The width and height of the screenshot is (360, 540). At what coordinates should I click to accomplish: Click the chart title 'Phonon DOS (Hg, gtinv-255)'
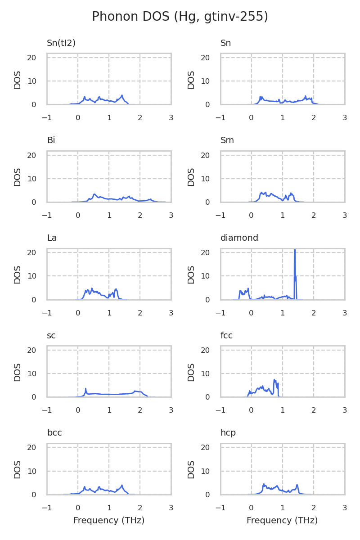pyautogui.click(x=180, y=17)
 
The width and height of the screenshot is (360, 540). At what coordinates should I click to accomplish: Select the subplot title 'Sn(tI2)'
pyautogui.click(x=61, y=43)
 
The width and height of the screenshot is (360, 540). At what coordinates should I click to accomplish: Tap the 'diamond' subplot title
pyautogui.click(x=239, y=238)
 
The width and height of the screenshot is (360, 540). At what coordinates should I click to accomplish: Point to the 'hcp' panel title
pyautogui.click(x=228, y=433)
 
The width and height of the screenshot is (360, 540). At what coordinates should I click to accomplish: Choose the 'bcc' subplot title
pyautogui.click(x=54, y=433)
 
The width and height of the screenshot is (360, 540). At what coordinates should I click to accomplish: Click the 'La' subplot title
pyautogui.click(x=52, y=238)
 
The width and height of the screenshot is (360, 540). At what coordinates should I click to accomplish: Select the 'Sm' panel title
pyautogui.click(x=227, y=140)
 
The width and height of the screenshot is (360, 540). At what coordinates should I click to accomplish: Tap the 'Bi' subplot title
pyautogui.click(x=51, y=140)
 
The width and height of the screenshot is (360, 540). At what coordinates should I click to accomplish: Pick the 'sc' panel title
pyautogui.click(x=51, y=335)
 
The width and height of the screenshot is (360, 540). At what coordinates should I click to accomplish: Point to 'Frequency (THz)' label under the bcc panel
pyautogui.click(x=109, y=521)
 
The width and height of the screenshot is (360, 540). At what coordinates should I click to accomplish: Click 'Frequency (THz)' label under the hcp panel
pyautogui.click(x=282, y=521)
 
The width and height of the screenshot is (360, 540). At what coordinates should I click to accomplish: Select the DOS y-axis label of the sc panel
pyautogui.click(x=18, y=372)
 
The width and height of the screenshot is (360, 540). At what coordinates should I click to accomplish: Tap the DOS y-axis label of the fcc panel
pyautogui.click(x=191, y=372)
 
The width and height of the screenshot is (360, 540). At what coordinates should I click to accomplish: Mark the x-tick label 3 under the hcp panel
pyautogui.click(x=345, y=508)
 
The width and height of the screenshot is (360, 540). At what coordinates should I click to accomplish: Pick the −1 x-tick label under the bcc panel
pyautogui.click(x=47, y=508)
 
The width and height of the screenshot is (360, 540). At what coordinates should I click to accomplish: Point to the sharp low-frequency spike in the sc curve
pyautogui.click(x=85, y=389)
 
